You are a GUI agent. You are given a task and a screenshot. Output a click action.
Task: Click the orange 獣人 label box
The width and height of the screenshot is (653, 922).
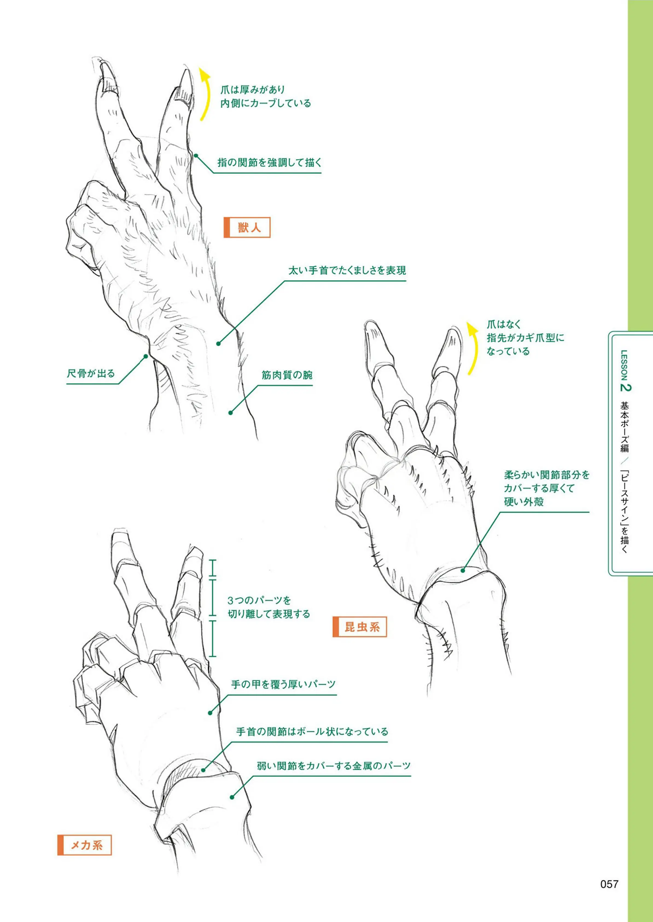(247, 227)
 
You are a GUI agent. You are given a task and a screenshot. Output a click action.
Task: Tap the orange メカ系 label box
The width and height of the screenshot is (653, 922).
(84, 845)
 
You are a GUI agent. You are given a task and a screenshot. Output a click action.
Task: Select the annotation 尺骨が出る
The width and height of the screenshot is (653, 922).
(91, 373)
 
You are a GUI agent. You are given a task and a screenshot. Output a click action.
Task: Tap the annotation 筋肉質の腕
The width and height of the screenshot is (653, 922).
(287, 375)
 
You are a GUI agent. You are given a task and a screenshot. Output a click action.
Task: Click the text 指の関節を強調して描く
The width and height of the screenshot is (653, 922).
(269, 162)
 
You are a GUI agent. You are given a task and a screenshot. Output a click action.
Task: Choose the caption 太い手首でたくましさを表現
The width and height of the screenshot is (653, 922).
(347, 270)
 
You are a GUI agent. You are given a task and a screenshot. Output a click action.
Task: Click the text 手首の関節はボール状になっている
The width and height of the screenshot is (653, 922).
(312, 731)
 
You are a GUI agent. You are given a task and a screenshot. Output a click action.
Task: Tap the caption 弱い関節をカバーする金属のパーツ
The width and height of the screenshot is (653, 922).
(334, 766)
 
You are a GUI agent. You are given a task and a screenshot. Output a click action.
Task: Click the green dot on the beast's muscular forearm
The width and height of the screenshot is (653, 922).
(231, 413)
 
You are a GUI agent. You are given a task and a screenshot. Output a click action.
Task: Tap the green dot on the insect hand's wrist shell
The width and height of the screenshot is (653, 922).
(463, 570)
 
